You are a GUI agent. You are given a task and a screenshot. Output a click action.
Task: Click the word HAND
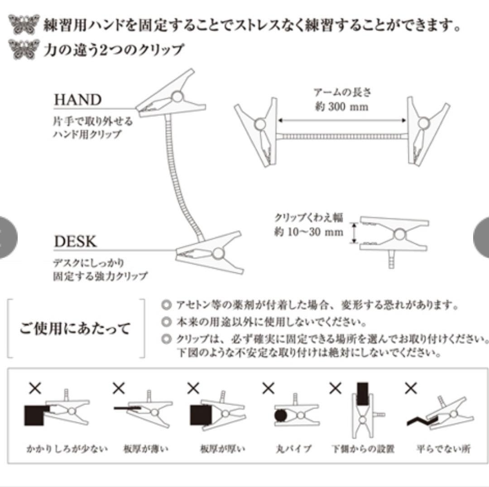pos(77,100)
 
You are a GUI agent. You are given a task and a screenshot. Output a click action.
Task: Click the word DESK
pos(76,241)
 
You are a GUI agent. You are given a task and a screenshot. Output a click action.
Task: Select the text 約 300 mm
pos(341,107)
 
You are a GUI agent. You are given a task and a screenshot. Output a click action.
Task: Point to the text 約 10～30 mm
pos(308,232)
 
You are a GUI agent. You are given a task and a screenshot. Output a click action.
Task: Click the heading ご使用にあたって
pos(75,328)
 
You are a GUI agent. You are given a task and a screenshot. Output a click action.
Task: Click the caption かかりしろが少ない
pos(67,449)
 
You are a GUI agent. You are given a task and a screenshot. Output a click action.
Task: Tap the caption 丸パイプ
pos(293,449)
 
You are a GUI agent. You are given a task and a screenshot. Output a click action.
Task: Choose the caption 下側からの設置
pos(362,449)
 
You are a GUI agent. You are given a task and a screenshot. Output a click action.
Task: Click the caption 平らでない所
pos(443,449)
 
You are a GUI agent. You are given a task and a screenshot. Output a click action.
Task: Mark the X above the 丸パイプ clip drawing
pos(268,388)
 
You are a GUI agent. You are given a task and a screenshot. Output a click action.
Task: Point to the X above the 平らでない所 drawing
pos(411,388)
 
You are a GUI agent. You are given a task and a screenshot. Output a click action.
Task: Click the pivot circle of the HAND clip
pos(177,96)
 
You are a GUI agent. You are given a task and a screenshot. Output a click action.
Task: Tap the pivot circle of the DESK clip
pos(218,253)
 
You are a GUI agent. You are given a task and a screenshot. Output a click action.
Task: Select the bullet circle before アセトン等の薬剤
pos(167,305)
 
